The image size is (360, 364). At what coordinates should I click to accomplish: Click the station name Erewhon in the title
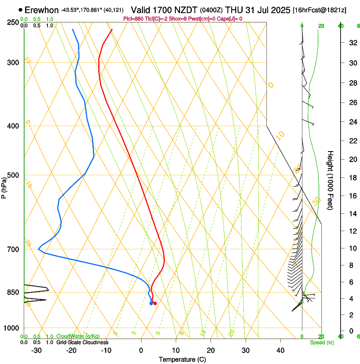(42, 10)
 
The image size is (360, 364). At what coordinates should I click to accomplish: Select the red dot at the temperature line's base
(155, 303)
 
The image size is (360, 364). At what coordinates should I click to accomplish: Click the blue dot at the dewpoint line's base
(151, 303)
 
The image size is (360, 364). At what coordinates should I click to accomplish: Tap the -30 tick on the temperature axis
(36, 350)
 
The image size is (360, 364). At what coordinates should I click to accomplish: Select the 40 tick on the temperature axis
(280, 350)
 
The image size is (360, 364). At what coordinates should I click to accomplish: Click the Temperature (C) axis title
(182, 359)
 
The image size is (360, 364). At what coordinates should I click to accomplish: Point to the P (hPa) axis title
(4, 188)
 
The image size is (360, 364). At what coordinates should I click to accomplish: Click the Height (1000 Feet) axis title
(330, 180)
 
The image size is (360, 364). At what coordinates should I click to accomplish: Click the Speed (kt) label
(322, 342)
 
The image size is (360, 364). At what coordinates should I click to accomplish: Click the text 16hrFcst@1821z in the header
(319, 10)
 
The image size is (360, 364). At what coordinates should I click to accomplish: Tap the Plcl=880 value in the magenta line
(133, 19)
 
